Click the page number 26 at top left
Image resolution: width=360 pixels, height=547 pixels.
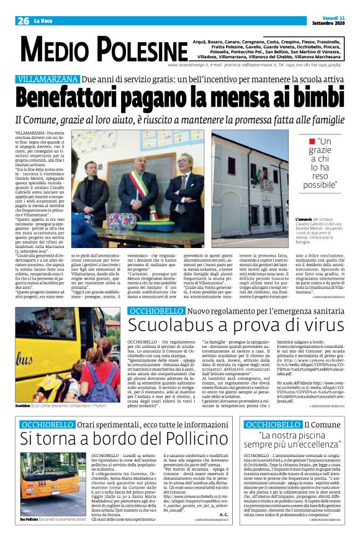[x=23, y=21]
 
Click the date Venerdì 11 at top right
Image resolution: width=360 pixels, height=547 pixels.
[x=334, y=17]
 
